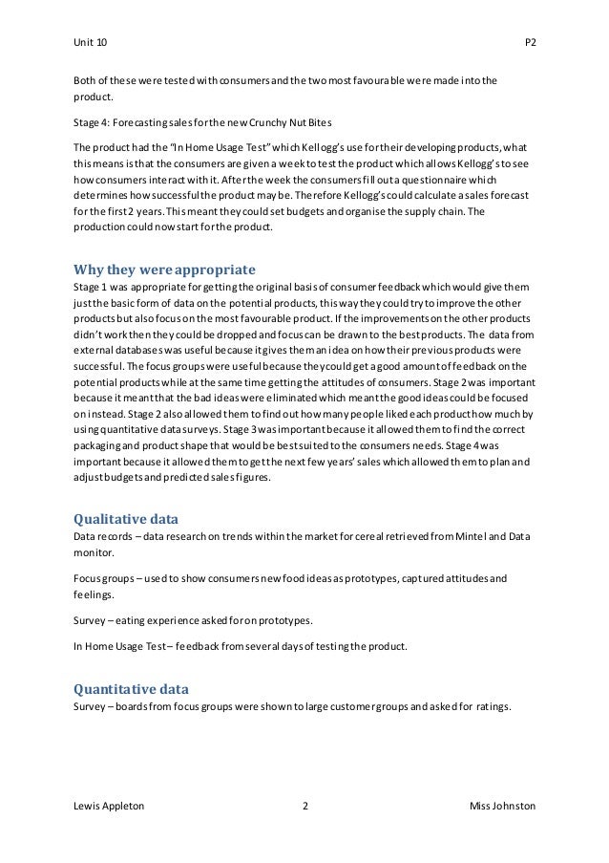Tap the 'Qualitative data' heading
click(x=125, y=520)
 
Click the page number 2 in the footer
click(x=304, y=807)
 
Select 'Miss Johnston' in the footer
click(x=502, y=807)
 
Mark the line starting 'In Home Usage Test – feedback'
click(x=240, y=646)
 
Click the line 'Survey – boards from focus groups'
click(x=292, y=707)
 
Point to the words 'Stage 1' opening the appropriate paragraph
click(x=91, y=287)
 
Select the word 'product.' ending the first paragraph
click(x=94, y=95)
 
